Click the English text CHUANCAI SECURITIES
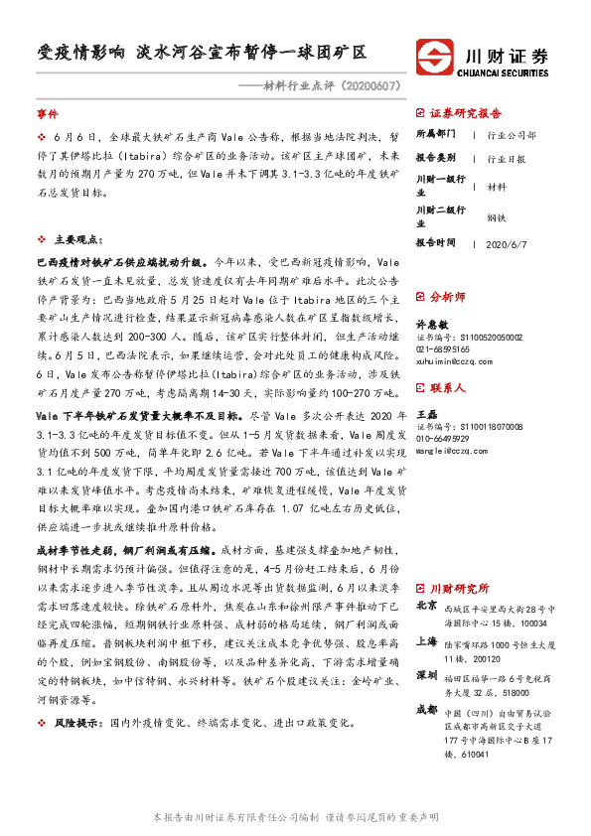(x=512, y=71)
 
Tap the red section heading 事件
(x=48, y=115)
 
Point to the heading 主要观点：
(x=78, y=240)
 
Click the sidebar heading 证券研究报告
(x=466, y=113)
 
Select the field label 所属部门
(x=434, y=134)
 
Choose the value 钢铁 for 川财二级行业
(x=497, y=216)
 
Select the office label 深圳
(x=426, y=675)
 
